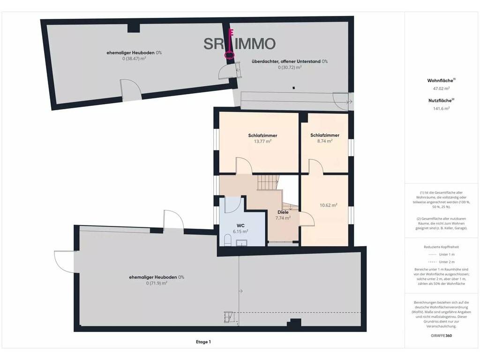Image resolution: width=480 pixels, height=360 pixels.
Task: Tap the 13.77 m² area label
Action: [x=262, y=141]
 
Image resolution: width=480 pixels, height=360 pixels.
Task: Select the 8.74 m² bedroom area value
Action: [x=325, y=141]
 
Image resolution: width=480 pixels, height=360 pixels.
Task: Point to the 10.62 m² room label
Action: [x=329, y=205]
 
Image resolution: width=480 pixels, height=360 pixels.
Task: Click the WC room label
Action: [x=240, y=225]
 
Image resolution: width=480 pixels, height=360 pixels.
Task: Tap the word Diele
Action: [x=283, y=212]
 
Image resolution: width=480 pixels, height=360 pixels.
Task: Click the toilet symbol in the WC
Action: [x=227, y=240]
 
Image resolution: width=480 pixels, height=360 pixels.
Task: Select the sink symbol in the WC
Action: [x=241, y=243]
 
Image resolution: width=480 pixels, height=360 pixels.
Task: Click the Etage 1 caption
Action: [x=203, y=342]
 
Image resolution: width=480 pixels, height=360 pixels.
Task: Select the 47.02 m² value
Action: [x=441, y=89]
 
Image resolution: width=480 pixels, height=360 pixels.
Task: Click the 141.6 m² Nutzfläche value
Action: [x=441, y=108]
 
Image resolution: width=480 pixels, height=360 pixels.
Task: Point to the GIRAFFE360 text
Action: [x=441, y=336]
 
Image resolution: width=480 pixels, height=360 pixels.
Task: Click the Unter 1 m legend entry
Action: [x=441, y=255]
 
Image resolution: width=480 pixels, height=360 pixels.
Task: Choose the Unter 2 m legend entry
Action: [x=441, y=262]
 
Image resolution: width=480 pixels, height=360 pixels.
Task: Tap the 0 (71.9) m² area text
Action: [x=157, y=283]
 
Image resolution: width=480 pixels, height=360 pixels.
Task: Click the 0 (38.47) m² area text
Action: [x=134, y=59]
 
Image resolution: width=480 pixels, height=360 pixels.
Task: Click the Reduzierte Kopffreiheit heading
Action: [x=441, y=247]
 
